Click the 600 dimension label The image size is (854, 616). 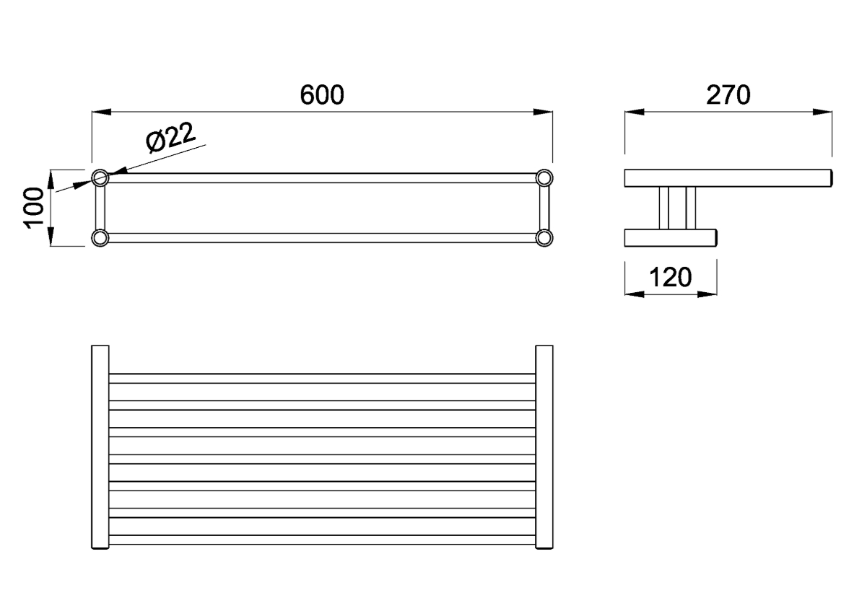[x=322, y=95]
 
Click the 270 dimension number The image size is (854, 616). [x=728, y=95]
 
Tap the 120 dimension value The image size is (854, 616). [x=671, y=276]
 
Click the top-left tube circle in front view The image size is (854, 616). [x=100, y=177]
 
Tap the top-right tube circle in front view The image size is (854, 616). [x=544, y=177]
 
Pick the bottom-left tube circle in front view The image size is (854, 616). [x=100, y=237]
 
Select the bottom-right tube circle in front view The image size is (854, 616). [x=544, y=237]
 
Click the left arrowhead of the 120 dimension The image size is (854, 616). [x=634, y=294]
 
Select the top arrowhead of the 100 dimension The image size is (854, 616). [x=51, y=177]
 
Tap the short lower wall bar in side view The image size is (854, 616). [x=670, y=237]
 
